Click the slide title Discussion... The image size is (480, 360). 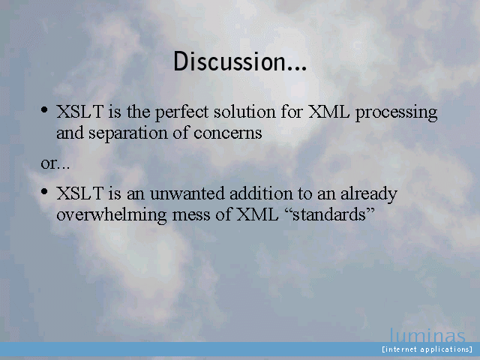point(240,61)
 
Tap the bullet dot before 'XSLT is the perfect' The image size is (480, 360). point(44,109)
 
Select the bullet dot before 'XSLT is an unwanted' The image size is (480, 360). point(44,192)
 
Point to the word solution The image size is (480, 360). point(244,112)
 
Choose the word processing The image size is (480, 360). point(396,113)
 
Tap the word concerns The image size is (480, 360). point(228,133)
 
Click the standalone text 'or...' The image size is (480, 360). point(55,163)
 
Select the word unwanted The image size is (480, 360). point(187,193)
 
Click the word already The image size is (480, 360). point(369,194)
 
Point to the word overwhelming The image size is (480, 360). point(112,214)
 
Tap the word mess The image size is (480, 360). point(191,215)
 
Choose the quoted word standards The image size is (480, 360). point(329,214)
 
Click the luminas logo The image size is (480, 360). point(427,335)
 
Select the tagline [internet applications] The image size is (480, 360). point(427,349)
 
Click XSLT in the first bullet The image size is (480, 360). point(80,112)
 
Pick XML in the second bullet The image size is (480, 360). point(257,214)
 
